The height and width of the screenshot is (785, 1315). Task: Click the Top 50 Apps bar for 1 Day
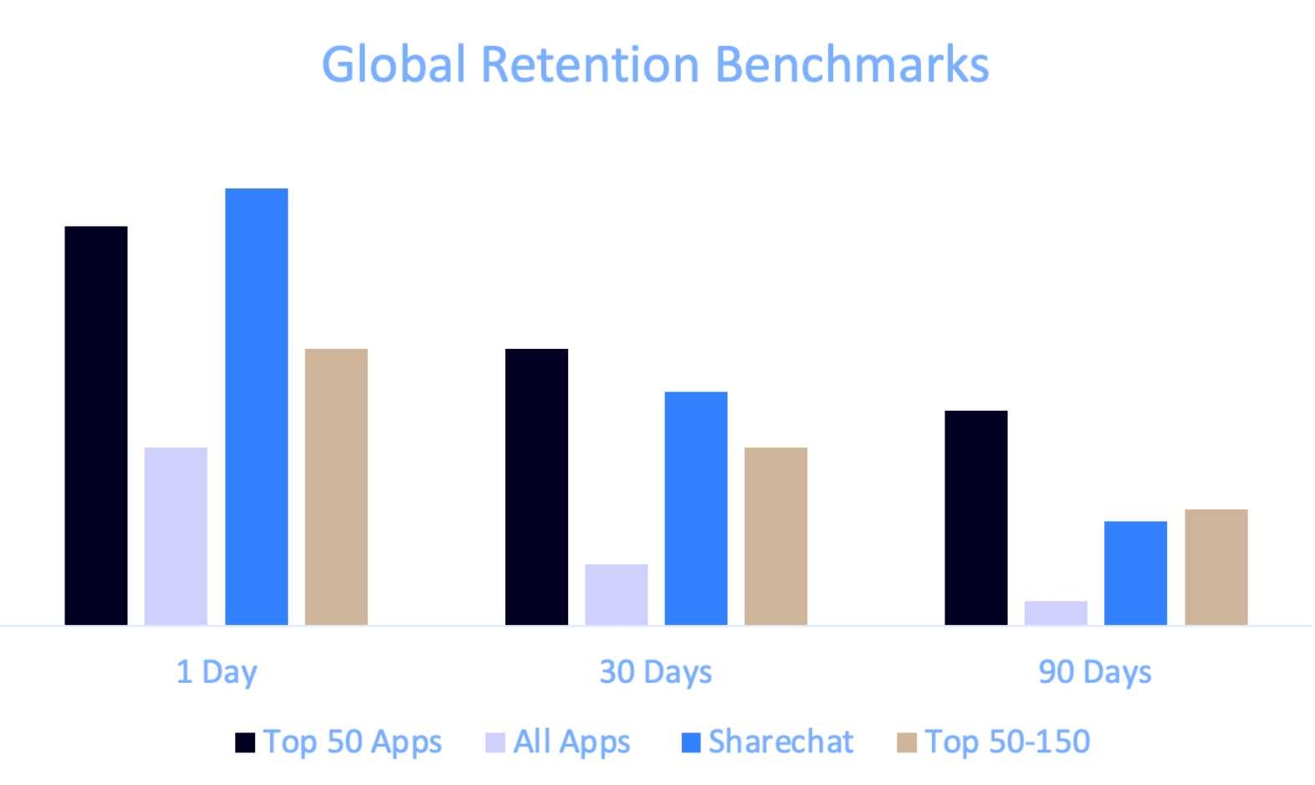[x=96, y=425]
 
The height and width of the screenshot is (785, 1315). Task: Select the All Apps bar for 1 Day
[x=176, y=536]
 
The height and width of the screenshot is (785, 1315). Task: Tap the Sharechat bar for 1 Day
[x=257, y=407]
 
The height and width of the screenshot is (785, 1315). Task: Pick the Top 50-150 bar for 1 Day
[x=336, y=486]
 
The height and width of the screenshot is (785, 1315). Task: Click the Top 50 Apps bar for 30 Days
[x=536, y=486]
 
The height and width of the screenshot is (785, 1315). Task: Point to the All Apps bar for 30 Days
[x=617, y=594]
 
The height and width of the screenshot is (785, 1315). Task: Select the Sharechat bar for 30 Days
[x=696, y=508]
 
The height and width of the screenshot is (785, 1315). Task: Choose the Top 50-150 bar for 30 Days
[x=775, y=536]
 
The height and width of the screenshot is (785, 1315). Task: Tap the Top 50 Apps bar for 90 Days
[x=976, y=517]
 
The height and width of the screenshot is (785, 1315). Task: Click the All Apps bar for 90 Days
[x=1056, y=613]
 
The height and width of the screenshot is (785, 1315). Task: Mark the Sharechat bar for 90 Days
[x=1135, y=572]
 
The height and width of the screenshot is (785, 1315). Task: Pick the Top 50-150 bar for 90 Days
[x=1216, y=567]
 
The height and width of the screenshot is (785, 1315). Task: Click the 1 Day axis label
[x=217, y=672]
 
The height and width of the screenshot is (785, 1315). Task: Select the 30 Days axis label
[x=656, y=672]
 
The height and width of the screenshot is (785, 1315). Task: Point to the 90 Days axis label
[x=1095, y=672]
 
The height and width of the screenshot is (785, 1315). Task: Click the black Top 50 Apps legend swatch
[x=245, y=742]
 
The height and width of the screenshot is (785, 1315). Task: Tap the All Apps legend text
[x=571, y=742]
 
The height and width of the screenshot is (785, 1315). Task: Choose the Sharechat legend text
[x=780, y=742]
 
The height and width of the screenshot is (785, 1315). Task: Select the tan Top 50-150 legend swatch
[x=907, y=742]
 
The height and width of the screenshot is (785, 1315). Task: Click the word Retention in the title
[x=590, y=64]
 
